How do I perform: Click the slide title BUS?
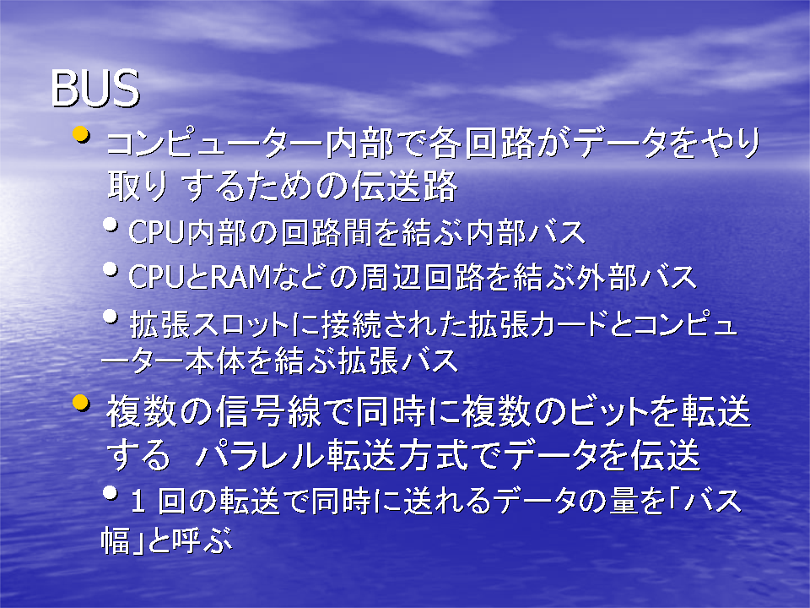pyautogui.click(x=95, y=89)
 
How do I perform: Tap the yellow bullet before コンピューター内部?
pyautogui.click(x=81, y=135)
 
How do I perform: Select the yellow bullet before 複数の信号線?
pyautogui.click(x=81, y=403)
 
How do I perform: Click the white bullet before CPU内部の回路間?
pyautogui.click(x=110, y=224)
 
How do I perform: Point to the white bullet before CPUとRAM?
pyautogui.click(x=110, y=269)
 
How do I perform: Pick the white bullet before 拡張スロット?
pyautogui.click(x=110, y=315)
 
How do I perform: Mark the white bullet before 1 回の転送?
pyautogui.click(x=110, y=492)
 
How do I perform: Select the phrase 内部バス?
pyautogui.click(x=526, y=231)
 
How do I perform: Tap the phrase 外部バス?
pyautogui.click(x=637, y=277)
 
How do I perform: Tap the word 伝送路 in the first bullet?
pyautogui.click(x=404, y=186)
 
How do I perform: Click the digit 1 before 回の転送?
pyautogui.click(x=138, y=502)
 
